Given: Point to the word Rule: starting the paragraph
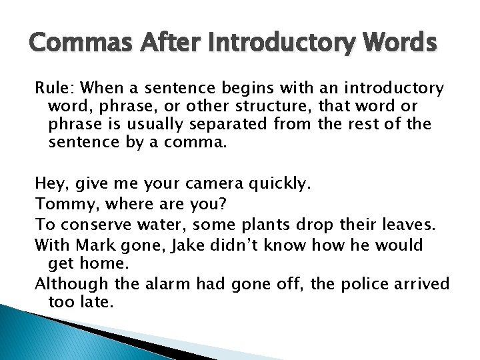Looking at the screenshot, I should [53, 89].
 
